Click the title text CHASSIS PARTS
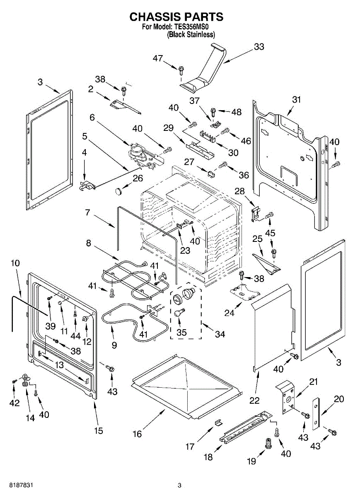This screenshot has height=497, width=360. tap(176, 17)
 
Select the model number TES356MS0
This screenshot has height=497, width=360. tap(191, 28)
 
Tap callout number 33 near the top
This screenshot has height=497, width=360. tap(259, 47)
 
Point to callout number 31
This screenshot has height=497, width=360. tap(296, 100)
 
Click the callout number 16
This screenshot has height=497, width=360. tap(137, 434)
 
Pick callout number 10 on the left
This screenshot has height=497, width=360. tap(15, 263)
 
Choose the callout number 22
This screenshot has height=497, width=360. tap(254, 400)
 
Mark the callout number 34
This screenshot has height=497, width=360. tap(220, 334)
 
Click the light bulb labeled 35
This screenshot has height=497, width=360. tap(179, 312)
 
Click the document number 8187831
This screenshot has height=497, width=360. tap(17, 485)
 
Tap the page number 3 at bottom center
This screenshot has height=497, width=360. tap(179, 485)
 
